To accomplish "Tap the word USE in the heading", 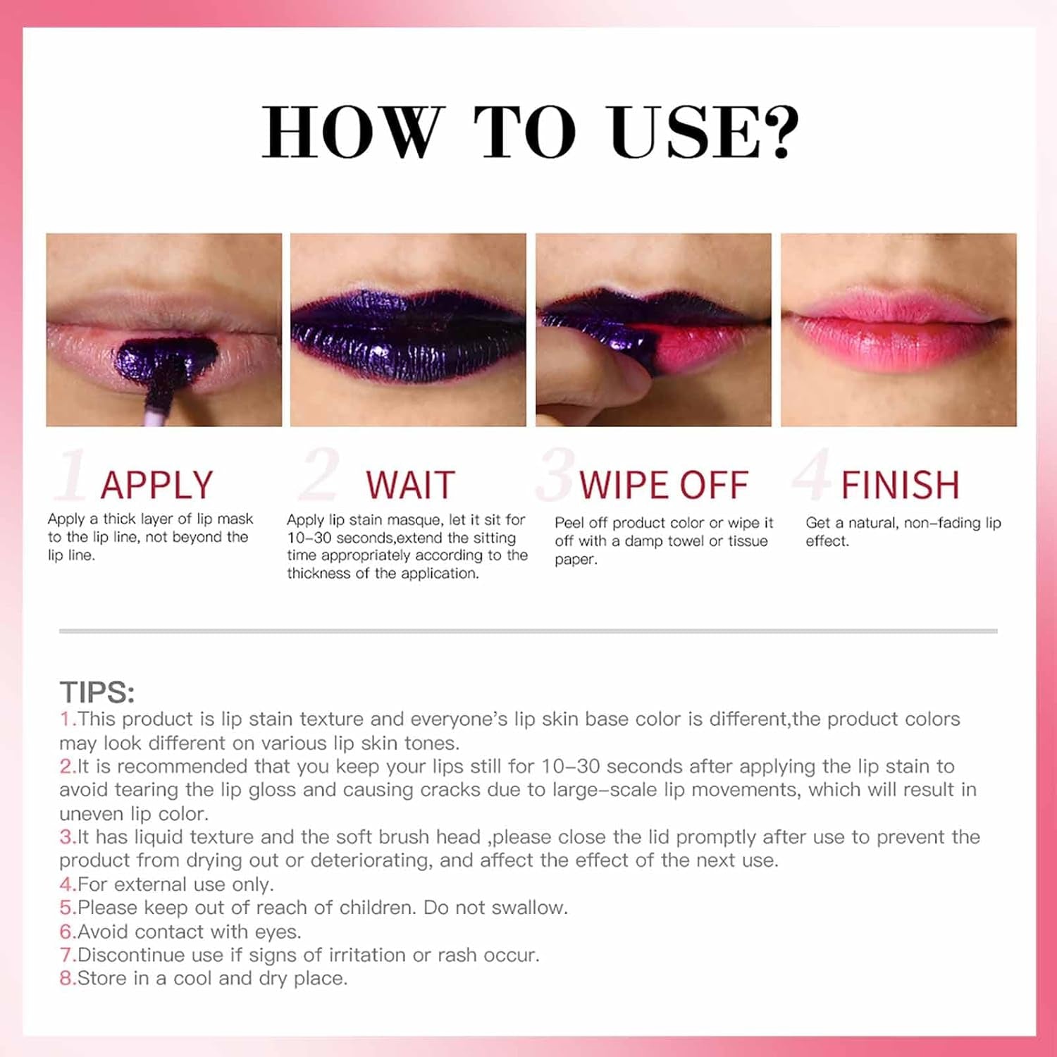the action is [x=683, y=131].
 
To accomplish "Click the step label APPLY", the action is [x=156, y=485].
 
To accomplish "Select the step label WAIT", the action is [x=410, y=485].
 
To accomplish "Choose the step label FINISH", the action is [x=900, y=485].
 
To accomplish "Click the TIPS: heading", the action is [x=97, y=692].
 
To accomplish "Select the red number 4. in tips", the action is [x=68, y=884].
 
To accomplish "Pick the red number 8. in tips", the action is [x=68, y=978].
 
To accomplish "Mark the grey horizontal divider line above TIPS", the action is [x=528, y=631].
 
